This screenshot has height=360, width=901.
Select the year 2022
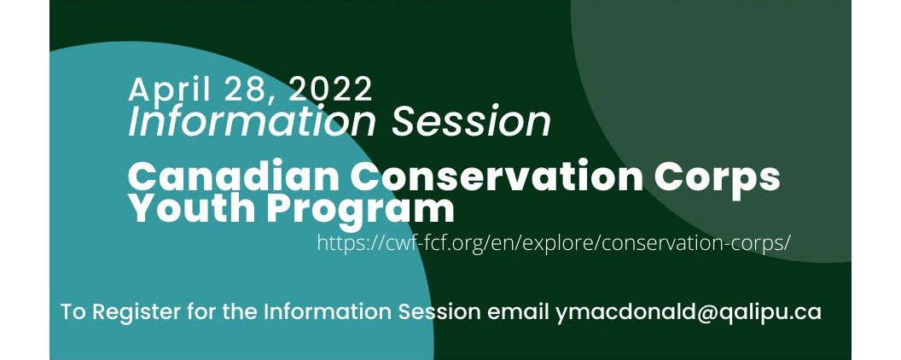tap(331, 89)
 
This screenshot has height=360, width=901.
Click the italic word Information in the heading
tap(253, 121)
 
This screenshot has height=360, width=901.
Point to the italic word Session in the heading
tap(471, 121)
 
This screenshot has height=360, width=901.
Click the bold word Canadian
tap(233, 177)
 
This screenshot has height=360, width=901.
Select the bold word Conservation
tap(497, 177)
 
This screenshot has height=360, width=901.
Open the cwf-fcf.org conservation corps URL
tap(554, 243)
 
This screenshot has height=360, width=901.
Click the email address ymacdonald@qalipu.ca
tap(689, 312)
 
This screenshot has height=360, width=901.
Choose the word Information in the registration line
tap(328, 311)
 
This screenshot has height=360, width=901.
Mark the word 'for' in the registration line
tap(201, 311)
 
